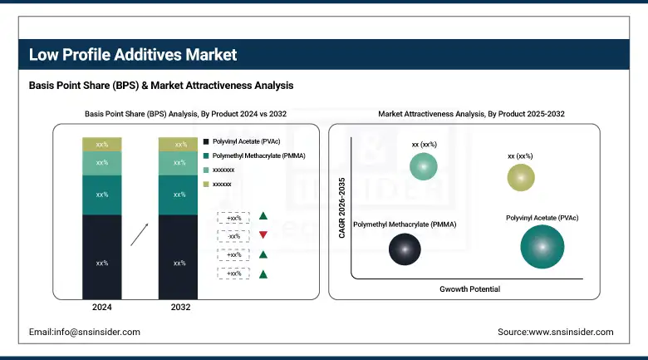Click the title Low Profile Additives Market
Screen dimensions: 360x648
(x=133, y=55)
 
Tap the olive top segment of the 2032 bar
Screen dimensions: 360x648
(x=178, y=145)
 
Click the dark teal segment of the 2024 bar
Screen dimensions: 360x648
(x=101, y=195)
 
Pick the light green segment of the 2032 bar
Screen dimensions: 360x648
(x=178, y=163)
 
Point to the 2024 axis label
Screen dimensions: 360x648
(x=101, y=308)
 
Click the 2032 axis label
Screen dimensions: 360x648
(x=179, y=308)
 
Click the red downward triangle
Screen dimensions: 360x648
(x=263, y=235)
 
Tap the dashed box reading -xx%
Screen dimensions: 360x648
(x=233, y=235)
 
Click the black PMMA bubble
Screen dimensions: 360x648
(x=405, y=249)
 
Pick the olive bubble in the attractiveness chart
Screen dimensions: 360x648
(x=521, y=177)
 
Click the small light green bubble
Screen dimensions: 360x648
(x=424, y=167)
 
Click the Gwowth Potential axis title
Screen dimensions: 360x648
(x=469, y=288)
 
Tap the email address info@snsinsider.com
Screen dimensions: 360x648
(x=85, y=332)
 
